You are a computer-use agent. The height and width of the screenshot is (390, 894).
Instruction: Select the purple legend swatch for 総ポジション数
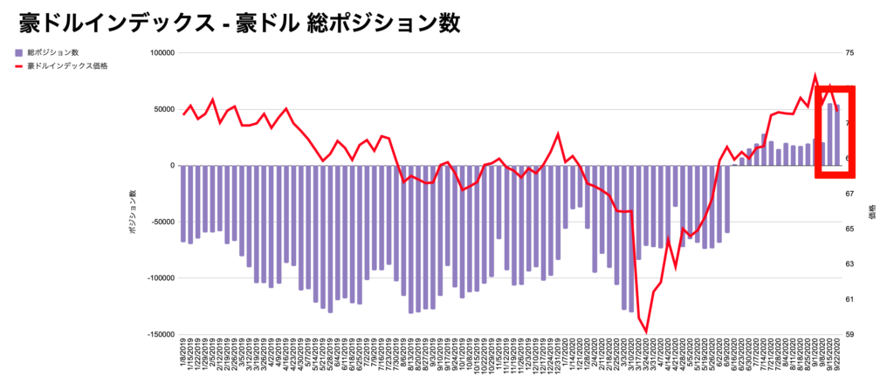(x=19, y=52)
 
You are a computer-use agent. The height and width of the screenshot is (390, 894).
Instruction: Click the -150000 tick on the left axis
(x=160, y=334)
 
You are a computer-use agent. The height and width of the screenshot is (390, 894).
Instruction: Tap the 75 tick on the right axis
(x=849, y=53)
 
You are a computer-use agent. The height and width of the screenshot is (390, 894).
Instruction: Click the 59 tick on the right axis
(x=849, y=334)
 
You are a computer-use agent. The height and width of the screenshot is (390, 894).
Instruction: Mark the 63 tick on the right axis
(x=849, y=263)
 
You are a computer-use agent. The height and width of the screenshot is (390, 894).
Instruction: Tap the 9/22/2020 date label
(x=837, y=356)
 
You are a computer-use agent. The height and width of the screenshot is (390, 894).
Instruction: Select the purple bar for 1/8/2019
(x=183, y=203)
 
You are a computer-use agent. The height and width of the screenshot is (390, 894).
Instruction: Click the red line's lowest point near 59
(x=646, y=332)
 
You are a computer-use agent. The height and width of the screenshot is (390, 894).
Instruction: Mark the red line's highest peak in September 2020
(x=815, y=76)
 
